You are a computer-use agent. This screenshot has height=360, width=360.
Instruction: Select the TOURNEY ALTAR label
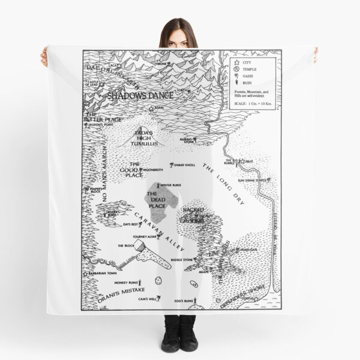pos(135,235)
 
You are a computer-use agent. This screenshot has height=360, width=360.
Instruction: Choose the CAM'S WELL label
pos(147,298)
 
